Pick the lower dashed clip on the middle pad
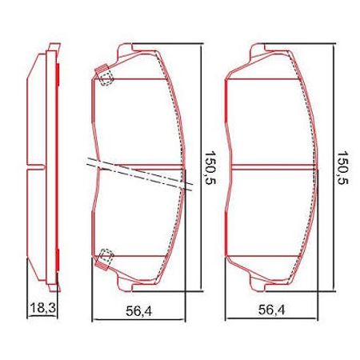click(x=104, y=258)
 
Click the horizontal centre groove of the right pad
click(x=276, y=167)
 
